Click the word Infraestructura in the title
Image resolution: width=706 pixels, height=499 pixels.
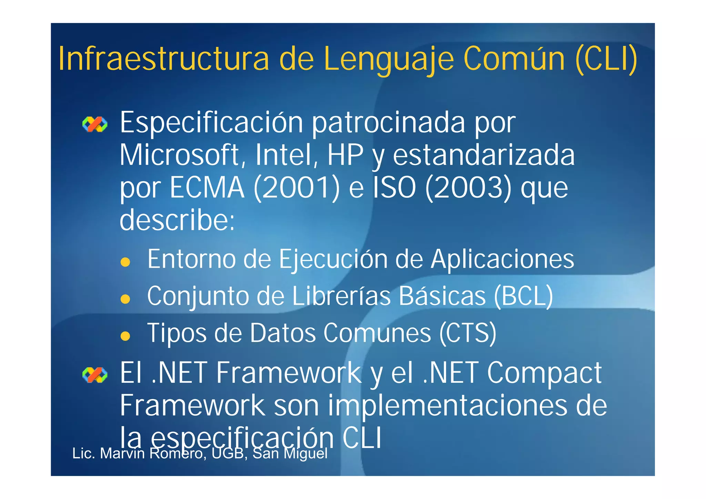[163, 59]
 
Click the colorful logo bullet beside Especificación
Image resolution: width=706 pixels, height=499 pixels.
[95, 124]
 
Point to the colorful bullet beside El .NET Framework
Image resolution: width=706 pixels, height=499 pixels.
[95, 375]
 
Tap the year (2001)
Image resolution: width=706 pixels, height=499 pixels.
[297, 188]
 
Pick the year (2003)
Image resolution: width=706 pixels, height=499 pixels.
[468, 188]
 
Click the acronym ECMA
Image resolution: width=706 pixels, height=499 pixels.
[207, 188]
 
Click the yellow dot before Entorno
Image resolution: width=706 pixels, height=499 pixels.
[125, 262]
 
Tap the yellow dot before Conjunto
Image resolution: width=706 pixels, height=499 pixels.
[125, 299]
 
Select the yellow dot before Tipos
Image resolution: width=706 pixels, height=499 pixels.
[125, 336]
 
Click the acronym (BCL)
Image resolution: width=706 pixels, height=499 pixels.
[523, 296]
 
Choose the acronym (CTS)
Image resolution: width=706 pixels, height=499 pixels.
[468, 333]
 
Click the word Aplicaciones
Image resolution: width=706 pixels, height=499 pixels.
[502, 259]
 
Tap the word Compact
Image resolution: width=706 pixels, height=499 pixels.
[544, 373]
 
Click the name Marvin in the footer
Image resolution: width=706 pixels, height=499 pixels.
[122, 454]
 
